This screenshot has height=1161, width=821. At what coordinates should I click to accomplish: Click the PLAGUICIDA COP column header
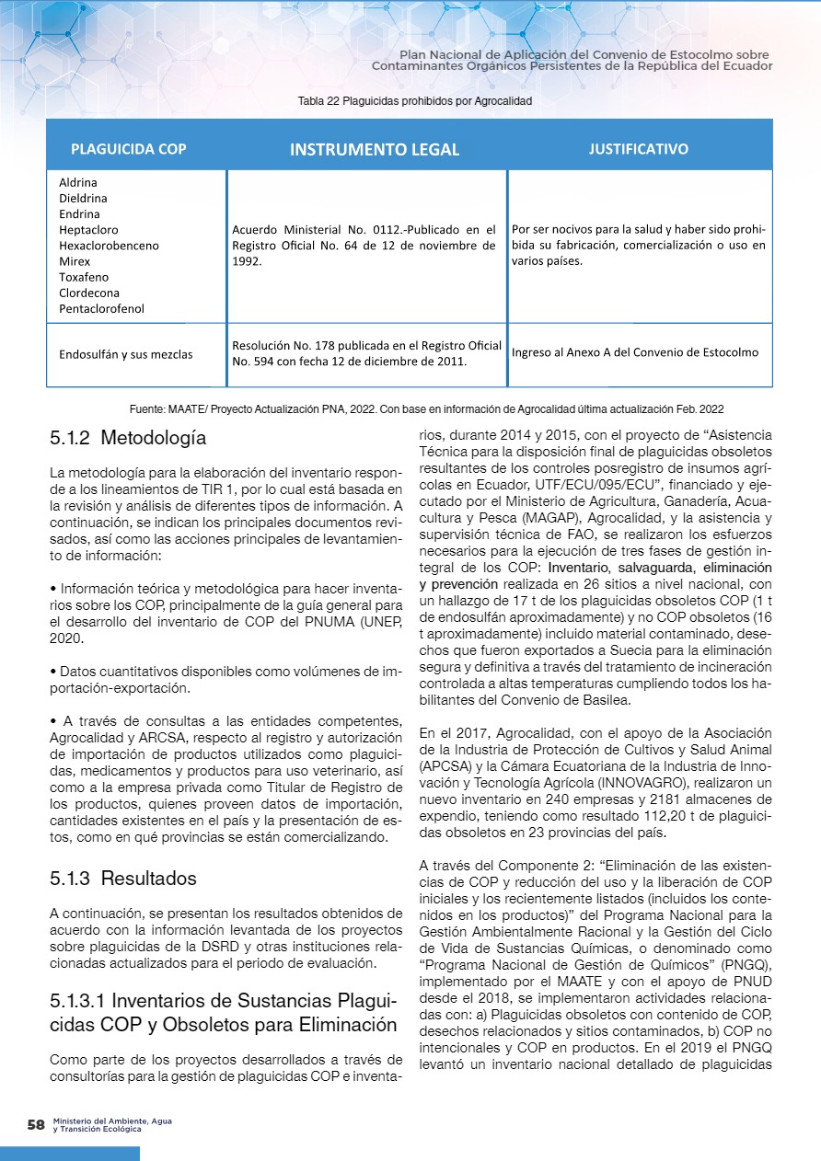coord(128,149)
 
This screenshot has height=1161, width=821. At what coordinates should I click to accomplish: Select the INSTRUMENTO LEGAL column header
coord(375,149)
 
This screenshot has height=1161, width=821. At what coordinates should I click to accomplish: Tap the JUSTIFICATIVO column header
coord(638,148)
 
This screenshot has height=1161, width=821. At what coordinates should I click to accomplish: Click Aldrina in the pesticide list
coord(78,182)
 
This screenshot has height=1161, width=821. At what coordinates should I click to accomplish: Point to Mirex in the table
coord(75,261)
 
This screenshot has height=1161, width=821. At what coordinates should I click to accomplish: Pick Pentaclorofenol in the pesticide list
coord(101,309)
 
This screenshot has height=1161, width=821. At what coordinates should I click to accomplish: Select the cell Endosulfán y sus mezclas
coord(126,353)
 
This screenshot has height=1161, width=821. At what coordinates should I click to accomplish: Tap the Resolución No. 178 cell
coord(366,353)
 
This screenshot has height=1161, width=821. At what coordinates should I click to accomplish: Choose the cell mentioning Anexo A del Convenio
coord(635,352)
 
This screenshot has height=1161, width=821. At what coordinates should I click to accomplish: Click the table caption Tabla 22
coord(415,100)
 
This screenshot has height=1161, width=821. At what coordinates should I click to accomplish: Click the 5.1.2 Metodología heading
coord(128,438)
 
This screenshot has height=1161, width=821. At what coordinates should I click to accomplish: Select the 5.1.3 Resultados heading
coord(123,879)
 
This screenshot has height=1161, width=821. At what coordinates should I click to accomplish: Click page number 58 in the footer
coord(37,1124)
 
